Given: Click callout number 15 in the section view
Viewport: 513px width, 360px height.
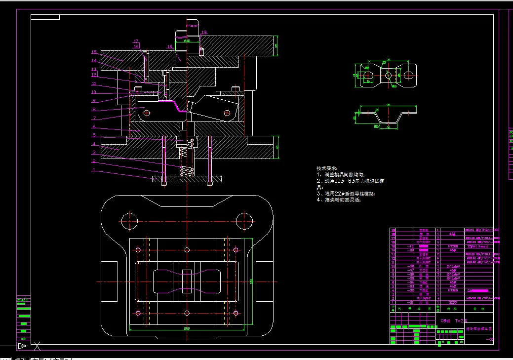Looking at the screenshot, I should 93,52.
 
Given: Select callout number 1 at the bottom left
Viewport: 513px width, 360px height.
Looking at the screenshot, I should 93,169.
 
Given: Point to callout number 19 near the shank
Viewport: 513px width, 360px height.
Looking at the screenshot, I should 204,32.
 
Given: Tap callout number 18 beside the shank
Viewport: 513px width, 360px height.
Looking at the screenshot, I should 169,47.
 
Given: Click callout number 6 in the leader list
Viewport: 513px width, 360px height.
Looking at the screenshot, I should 93,127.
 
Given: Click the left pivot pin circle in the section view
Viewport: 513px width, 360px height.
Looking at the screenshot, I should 146,113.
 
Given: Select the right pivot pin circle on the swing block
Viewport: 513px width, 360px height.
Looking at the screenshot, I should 227,113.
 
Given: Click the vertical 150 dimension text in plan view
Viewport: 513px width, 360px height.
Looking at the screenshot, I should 251,281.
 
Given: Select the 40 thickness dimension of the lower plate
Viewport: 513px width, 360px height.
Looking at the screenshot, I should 277,147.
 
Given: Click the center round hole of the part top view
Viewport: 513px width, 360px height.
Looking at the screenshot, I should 388,76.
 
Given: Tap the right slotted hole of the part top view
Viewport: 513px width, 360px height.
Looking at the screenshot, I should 408,75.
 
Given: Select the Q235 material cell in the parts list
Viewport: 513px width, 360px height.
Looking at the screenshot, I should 451,302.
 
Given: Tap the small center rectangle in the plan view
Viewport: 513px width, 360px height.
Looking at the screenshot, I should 187,282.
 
